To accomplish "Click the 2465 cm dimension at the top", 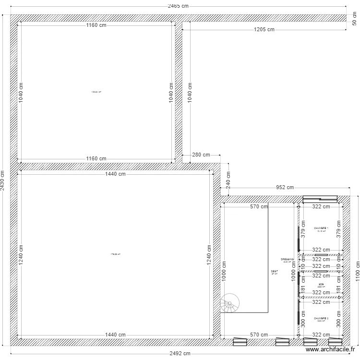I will [178, 6].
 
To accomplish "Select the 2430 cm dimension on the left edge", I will [3, 181].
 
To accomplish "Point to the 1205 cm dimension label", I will [264, 30].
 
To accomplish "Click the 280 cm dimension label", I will [201, 155].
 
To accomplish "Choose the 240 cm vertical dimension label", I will [228, 180].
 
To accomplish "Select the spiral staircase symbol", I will [230, 303].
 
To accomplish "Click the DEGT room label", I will [275, 272].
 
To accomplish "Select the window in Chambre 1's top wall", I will [320, 199].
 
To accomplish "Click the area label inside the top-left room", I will [96, 92].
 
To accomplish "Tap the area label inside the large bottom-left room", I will [115, 254].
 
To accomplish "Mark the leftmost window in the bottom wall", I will [239, 342].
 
